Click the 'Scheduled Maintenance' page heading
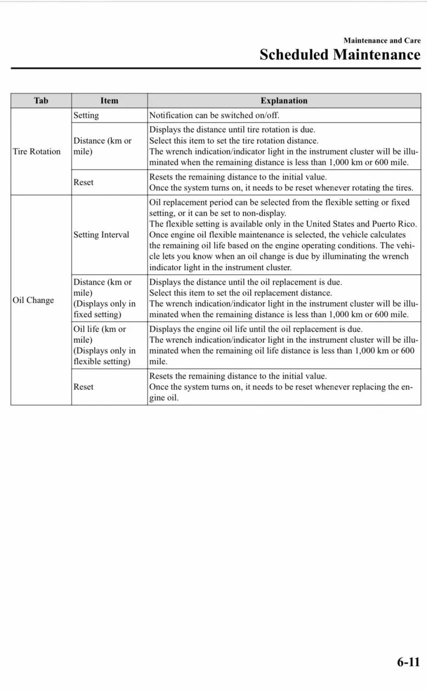[x=340, y=55]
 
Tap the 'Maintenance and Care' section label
[x=381, y=41]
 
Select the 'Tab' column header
[x=41, y=100]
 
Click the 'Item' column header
[x=109, y=100]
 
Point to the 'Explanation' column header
[x=284, y=100]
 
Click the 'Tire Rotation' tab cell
[x=37, y=152]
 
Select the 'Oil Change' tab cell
[x=33, y=300]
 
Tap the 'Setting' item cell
[x=86, y=115]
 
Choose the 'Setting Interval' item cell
[x=101, y=234]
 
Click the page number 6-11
[x=408, y=662]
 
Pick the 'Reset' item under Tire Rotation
[x=83, y=182]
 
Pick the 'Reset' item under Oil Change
[x=83, y=387]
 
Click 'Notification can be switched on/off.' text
[x=214, y=115]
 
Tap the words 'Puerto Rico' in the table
[x=394, y=224]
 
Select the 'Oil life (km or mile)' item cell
[x=99, y=334]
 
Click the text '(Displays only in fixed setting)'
[x=104, y=309]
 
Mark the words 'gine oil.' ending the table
[x=164, y=398]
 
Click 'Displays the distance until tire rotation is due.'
[x=232, y=129]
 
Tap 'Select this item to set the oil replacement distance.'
[x=240, y=293]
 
